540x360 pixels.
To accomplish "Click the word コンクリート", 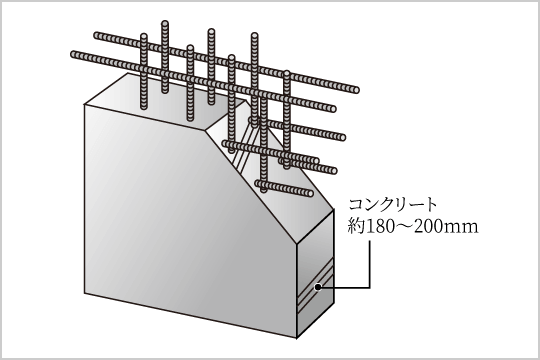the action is click(393, 205).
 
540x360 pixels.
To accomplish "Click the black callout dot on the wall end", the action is click(318, 287).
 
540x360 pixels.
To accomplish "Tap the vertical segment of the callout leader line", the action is click(370, 264).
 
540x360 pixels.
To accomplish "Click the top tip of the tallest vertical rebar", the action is click(165, 22).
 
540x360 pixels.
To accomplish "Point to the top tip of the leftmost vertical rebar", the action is click(144, 35).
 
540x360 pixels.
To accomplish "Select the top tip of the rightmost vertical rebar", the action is click(287, 72).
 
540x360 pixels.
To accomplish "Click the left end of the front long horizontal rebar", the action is click(72, 54).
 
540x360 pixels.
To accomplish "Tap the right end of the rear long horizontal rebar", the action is click(356, 90).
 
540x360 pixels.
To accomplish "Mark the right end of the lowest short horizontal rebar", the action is click(311, 193).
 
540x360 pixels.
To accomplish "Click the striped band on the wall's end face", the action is click(315, 286).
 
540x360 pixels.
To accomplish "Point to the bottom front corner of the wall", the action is click(297, 338).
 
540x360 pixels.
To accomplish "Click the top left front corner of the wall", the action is click(85, 104).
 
